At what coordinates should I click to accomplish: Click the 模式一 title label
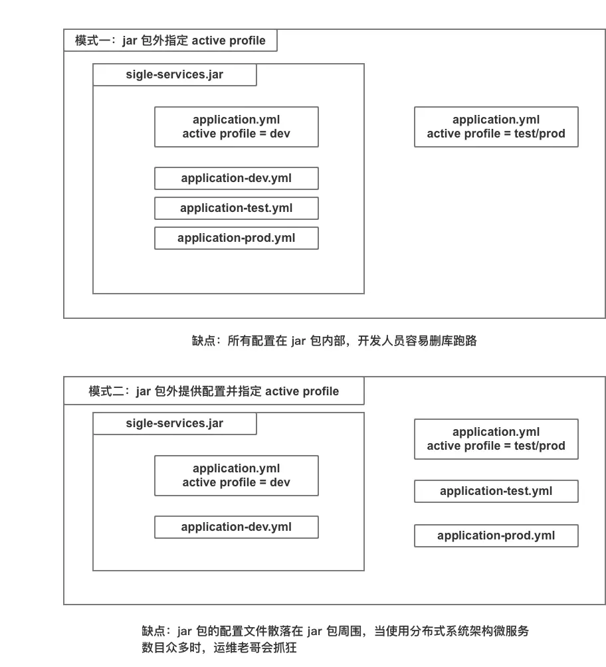[x=170, y=41]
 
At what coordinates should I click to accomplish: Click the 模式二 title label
[x=213, y=391]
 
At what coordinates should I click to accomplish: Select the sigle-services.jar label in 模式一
[x=174, y=74]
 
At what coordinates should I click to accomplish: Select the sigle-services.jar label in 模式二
[x=174, y=423]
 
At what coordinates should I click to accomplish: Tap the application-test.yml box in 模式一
[x=236, y=208]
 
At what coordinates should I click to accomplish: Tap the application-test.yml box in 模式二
[x=496, y=491]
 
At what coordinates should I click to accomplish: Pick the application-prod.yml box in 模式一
[x=236, y=238]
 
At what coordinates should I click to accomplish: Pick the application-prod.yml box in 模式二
[x=496, y=535]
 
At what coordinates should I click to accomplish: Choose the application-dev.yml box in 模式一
[x=236, y=178]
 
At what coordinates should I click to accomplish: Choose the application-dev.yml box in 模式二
[x=236, y=527]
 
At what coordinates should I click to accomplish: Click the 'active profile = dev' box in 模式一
[x=236, y=127]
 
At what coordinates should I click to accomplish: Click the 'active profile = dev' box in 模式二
[x=236, y=476]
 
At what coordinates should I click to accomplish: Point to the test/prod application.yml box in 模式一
[x=496, y=127]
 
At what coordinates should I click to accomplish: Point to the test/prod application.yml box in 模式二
[x=496, y=439]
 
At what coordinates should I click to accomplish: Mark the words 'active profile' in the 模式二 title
[x=302, y=391]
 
